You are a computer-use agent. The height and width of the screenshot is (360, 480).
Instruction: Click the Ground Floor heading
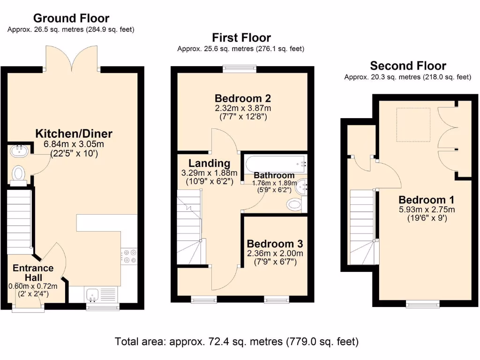point(71,18)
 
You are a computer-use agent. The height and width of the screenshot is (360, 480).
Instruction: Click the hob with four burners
point(128,256)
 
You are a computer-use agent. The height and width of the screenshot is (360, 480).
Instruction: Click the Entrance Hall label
point(33,273)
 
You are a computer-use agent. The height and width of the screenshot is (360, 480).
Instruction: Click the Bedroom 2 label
point(243,98)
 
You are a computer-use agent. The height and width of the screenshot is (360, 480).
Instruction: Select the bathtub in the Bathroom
point(275,164)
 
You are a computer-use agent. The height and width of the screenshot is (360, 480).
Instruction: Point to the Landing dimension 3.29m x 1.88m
point(210,172)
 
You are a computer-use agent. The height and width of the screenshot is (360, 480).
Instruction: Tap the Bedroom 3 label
point(275,244)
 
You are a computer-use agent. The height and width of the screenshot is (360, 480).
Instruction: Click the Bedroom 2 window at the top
point(240,69)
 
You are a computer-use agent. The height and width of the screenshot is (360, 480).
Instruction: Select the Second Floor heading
point(408,66)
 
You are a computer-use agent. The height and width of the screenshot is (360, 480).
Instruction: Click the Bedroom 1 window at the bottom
point(423,305)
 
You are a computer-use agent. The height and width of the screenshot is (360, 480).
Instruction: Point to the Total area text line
point(237,341)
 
